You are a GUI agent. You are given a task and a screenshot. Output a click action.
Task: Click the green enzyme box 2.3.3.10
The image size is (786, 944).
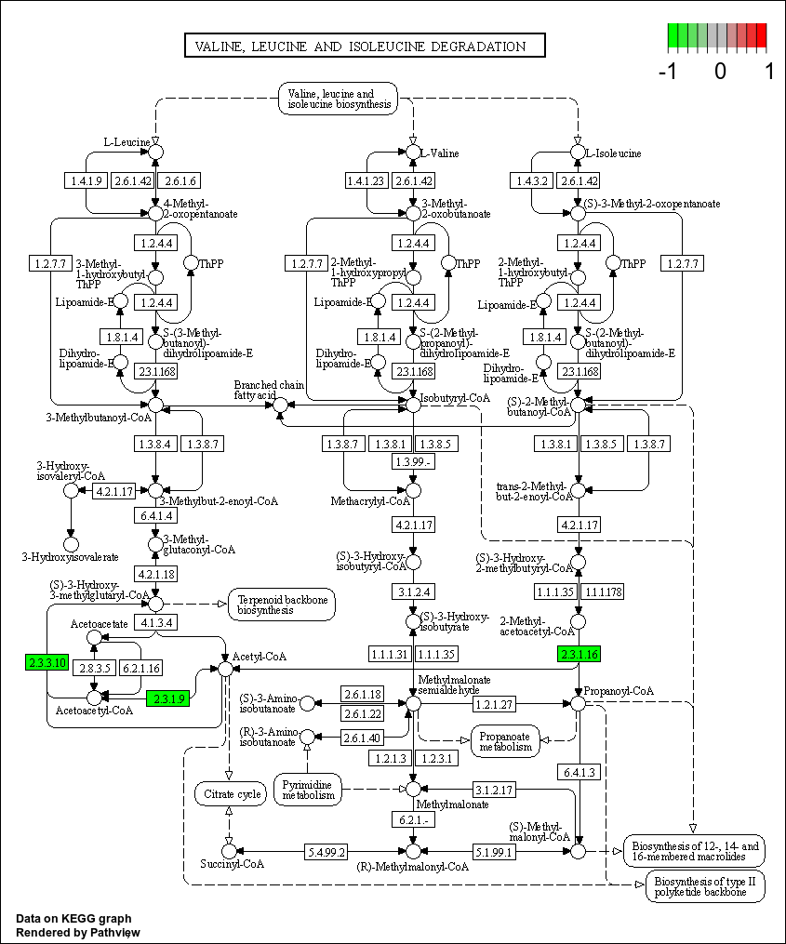[x=47, y=662]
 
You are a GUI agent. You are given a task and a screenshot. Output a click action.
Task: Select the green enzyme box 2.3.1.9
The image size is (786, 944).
[x=168, y=698]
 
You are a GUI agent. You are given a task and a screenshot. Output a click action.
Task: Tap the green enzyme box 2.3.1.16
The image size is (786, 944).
[x=578, y=653]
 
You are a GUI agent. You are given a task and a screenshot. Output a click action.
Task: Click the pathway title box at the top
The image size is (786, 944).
[x=364, y=46]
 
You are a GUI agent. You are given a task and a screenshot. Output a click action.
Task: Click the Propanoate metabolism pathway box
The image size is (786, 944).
[x=505, y=740]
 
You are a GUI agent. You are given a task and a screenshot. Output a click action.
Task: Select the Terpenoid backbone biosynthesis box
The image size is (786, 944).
[x=282, y=605]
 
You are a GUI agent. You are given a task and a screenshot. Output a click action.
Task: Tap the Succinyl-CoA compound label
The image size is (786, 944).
[x=233, y=864]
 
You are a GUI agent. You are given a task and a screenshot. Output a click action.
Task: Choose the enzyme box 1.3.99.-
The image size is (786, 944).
[x=414, y=462]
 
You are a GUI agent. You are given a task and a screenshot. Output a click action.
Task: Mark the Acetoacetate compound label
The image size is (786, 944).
[x=100, y=624]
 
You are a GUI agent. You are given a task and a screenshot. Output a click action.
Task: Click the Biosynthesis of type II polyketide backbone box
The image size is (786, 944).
[x=704, y=886]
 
